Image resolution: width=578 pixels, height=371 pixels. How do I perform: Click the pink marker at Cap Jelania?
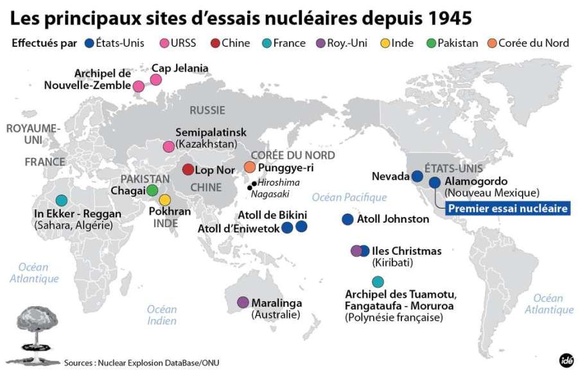[155, 80]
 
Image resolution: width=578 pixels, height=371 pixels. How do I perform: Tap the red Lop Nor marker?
[188, 169]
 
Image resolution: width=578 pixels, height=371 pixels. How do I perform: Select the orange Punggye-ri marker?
[250, 168]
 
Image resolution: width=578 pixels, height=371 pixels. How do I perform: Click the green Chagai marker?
[152, 190]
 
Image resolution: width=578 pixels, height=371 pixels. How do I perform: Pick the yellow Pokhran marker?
[165, 200]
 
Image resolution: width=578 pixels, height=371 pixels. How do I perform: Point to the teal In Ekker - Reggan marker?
[61, 200]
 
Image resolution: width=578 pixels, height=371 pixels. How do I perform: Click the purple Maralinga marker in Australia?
[243, 302]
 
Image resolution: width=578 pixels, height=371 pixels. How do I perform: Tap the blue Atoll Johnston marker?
[347, 219]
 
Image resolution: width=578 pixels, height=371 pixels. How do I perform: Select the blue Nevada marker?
[417, 175]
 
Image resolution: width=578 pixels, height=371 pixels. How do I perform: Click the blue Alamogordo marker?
[434, 182]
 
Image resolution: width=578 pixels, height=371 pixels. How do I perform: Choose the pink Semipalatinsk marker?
[168, 146]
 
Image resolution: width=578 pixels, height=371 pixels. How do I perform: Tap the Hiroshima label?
[278, 182]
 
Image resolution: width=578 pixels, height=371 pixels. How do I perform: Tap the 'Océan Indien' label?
[161, 315]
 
